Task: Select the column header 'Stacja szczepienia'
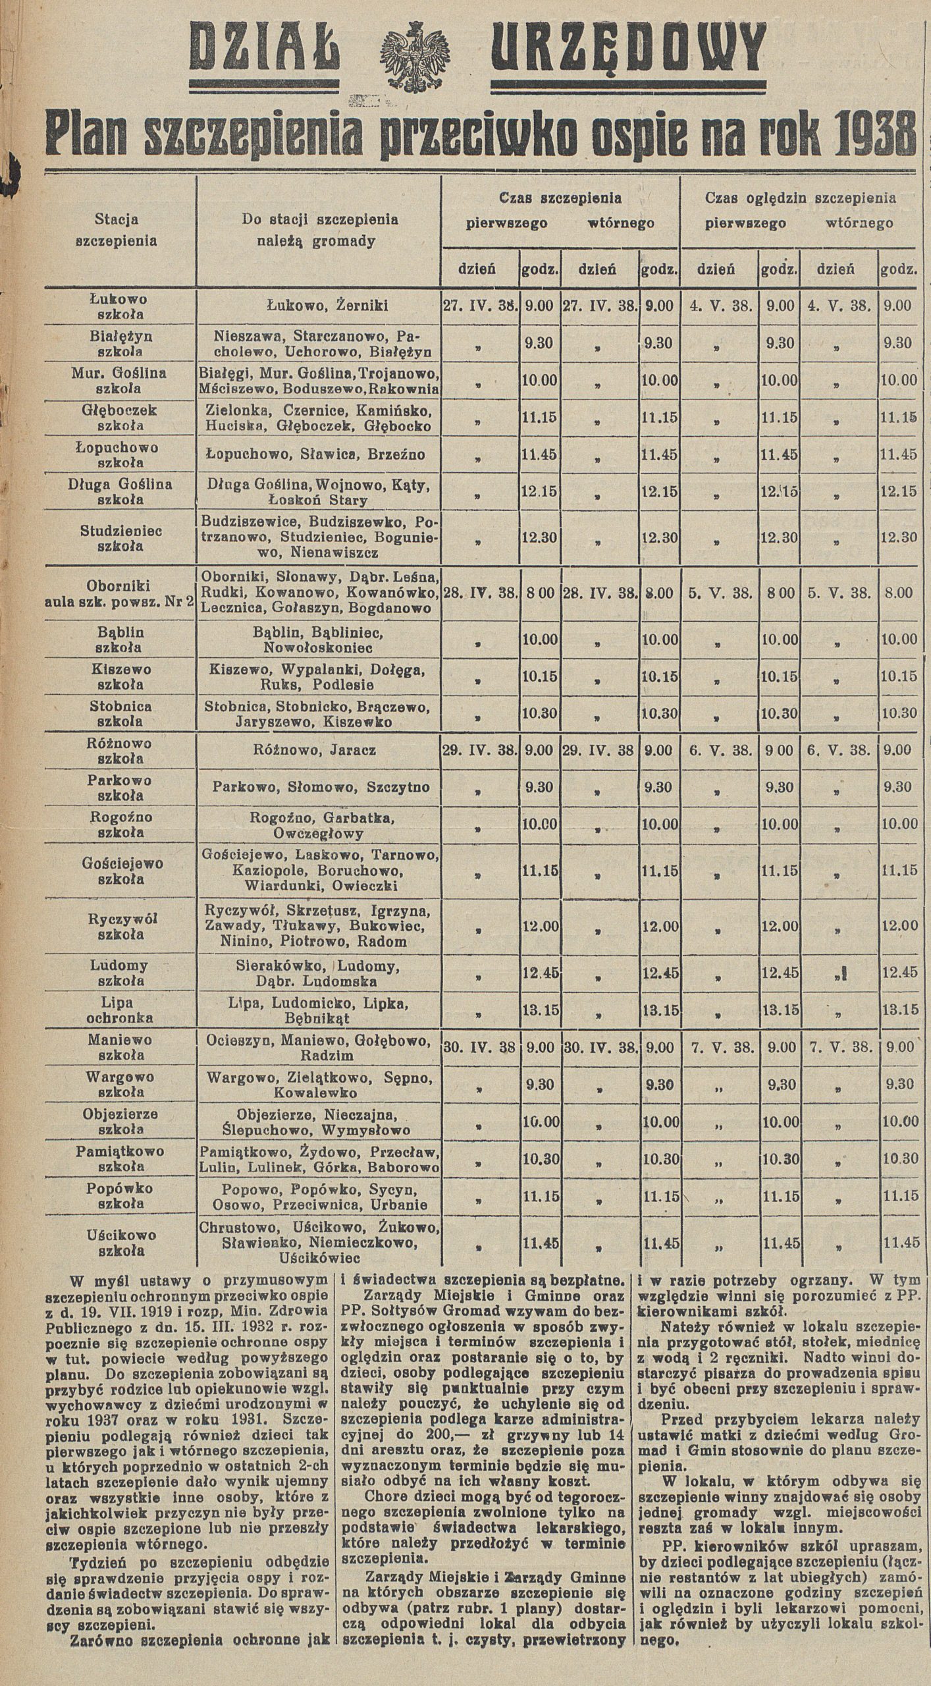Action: pyautogui.click(x=117, y=229)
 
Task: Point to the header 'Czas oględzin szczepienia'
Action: pyautogui.click(x=800, y=198)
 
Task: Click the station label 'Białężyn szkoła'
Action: pyautogui.click(x=120, y=342)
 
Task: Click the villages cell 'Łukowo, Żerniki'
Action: pyautogui.click(x=317, y=306)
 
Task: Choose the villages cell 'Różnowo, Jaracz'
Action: pyautogui.click(x=317, y=750)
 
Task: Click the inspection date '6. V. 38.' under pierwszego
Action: pyautogui.click(x=720, y=750)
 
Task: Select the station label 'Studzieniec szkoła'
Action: pyautogui.click(x=120, y=537)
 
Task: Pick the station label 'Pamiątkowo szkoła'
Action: pyautogui.click(x=120, y=1158)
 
